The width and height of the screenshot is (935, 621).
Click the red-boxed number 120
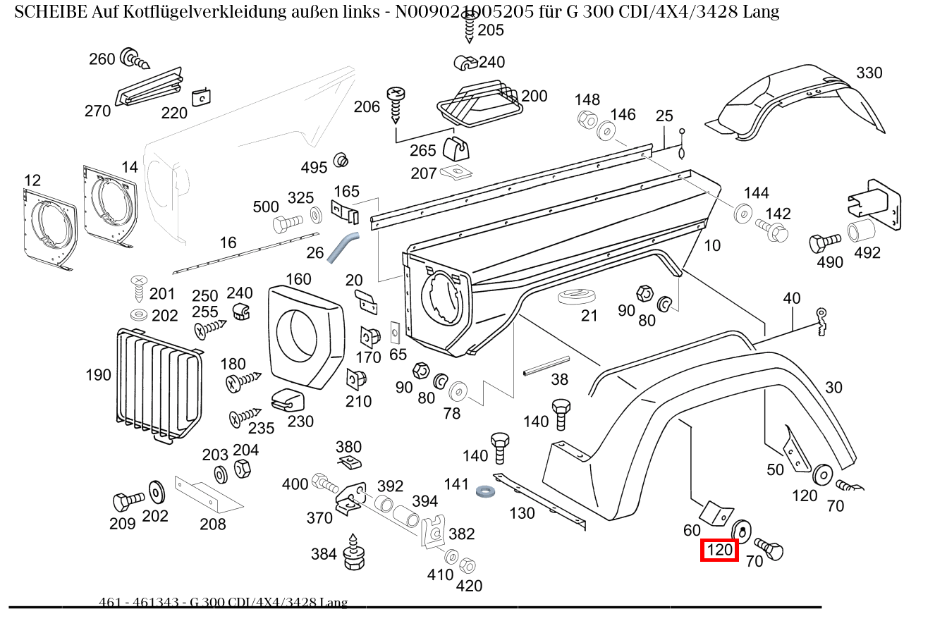[719, 550]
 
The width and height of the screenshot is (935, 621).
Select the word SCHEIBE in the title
[51, 12]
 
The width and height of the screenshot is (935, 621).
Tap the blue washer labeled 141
[484, 490]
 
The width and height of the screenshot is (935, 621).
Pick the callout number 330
[869, 73]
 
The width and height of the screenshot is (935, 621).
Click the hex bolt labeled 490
[824, 243]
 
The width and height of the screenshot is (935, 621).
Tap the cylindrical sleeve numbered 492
[861, 230]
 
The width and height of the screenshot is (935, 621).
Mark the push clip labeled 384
[353, 554]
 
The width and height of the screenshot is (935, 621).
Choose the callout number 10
[712, 245]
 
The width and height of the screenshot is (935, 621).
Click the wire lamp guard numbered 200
[479, 104]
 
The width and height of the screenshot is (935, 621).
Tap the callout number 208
[212, 524]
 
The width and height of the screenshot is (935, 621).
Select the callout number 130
[522, 513]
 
